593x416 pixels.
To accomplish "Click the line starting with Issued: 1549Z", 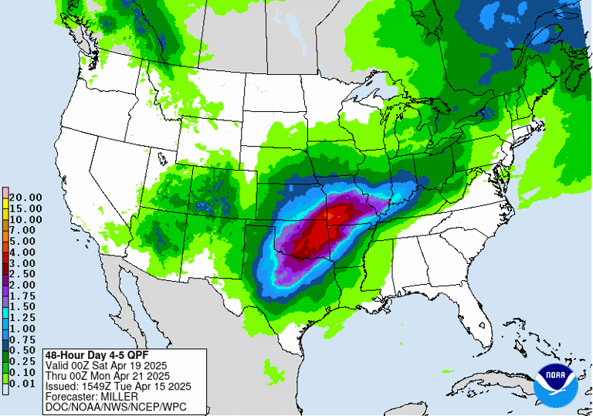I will click(117, 386).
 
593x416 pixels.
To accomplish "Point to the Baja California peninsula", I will click(131, 309).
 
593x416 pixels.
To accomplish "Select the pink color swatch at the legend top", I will click(5, 191).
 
